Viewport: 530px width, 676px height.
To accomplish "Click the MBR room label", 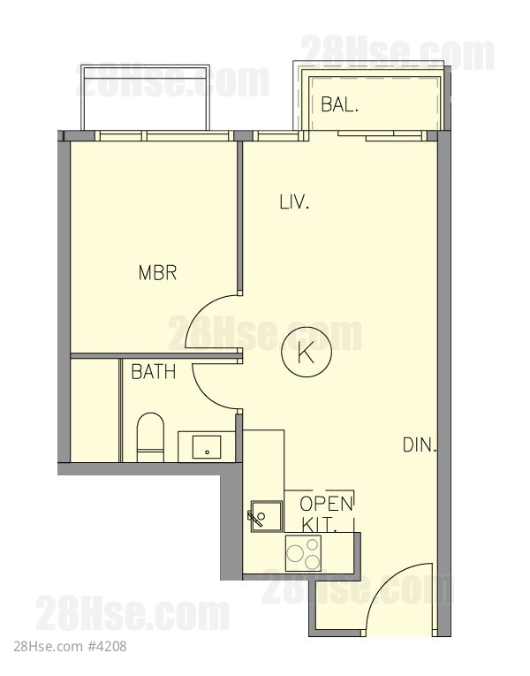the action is tap(157, 273).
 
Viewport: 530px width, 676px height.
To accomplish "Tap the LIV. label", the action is tap(295, 201).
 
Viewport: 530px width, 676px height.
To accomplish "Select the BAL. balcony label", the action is tap(340, 104).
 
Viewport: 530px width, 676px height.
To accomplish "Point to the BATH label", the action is tap(154, 372).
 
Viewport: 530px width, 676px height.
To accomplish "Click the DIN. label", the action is tap(420, 444).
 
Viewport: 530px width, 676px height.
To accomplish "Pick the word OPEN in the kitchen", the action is tap(326, 504).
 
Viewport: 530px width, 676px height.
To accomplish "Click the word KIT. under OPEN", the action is tap(319, 525).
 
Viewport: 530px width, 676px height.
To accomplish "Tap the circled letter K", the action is tap(307, 353).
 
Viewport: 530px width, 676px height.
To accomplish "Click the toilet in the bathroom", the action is tap(150, 437).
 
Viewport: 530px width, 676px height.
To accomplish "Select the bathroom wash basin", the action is tap(207, 446).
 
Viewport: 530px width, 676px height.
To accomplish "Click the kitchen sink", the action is tap(267, 516).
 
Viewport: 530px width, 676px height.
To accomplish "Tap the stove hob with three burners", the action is tap(303, 552).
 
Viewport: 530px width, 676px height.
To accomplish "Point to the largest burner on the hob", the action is tap(296, 552).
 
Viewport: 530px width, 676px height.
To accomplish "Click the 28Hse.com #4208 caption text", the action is tap(71, 647).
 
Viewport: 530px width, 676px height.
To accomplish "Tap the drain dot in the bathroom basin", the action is tap(208, 452).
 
